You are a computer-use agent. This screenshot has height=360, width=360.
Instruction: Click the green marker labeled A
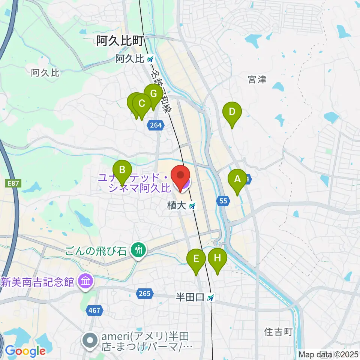(237, 179)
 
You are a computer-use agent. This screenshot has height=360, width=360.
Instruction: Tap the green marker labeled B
(122, 170)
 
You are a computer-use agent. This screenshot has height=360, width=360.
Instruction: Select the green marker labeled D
(232, 112)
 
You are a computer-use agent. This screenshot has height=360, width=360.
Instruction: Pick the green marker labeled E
(196, 259)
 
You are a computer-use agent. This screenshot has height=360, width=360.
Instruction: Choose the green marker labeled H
(218, 258)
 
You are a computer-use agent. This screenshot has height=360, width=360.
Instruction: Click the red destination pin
(180, 175)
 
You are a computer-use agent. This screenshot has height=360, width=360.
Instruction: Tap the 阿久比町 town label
(120, 41)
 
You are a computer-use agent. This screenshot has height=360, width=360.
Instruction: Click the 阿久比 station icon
(150, 59)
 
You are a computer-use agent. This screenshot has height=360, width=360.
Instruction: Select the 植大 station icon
(192, 206)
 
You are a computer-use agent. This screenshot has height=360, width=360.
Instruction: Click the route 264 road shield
(156, 126)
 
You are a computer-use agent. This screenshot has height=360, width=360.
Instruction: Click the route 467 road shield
(94, 310)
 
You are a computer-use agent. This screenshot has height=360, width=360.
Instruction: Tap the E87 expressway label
(13, 183)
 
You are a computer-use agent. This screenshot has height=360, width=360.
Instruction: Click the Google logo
(25, 351)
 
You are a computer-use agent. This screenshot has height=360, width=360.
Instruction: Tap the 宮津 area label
(257, 79)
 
